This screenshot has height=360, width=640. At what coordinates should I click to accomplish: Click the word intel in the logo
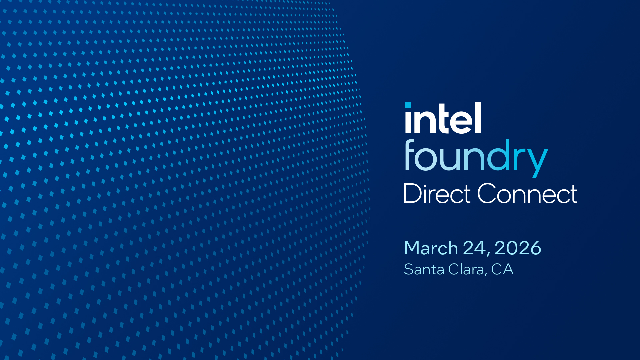(x=443, y=119)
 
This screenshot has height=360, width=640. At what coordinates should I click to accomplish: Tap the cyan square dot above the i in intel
(x=408, y=105)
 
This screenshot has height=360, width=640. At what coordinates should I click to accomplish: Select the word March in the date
(x=431, y=248)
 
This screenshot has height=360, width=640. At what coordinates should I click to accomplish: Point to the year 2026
(x=518, y=248)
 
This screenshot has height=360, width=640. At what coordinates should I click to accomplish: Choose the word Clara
(x=466, y=269)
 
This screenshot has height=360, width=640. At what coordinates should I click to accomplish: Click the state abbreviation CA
(x=502, y=269)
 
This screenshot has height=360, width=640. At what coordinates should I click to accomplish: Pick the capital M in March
(x=411, y=248)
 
